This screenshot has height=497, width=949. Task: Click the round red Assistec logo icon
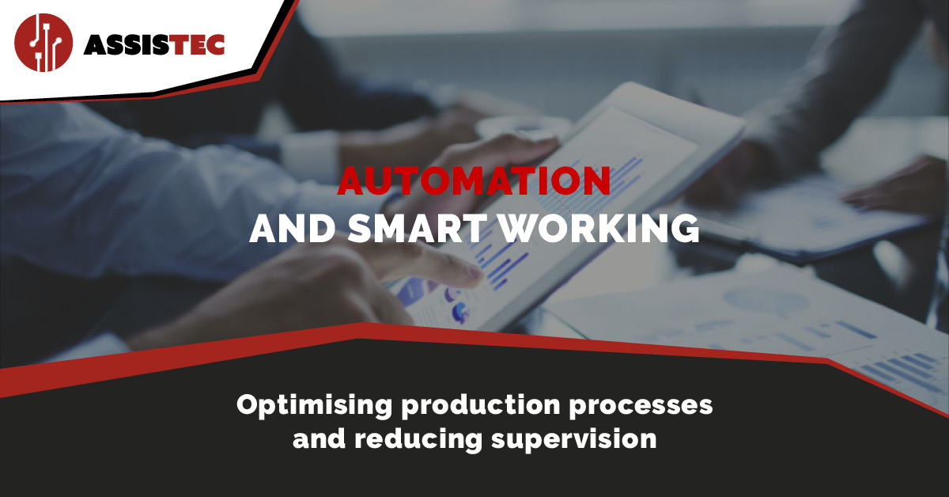[43, 43]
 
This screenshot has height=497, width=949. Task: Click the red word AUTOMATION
[474, 181]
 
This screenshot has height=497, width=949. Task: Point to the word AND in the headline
[293, 229]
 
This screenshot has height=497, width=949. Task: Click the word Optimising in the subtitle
[314, 406]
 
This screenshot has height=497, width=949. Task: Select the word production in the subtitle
[481, 406]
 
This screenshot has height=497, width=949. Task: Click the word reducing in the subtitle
[418, 440]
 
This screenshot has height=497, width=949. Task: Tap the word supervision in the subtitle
[574, 440]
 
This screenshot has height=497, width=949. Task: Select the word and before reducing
[319, 439]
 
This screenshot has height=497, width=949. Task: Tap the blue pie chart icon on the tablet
[460, 313]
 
